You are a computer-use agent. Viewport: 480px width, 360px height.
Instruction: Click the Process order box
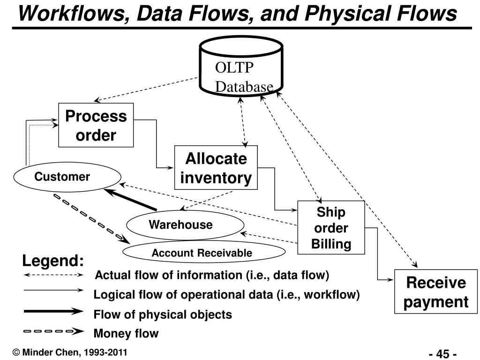pyautogui.click(x=96, y=125)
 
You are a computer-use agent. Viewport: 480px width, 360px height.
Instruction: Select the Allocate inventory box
pyautogui.click(x=216, y=168)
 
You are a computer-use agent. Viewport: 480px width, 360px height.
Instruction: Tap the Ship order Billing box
pyautogui.click(x=331, y=227)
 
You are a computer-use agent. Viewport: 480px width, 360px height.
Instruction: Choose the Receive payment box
pyautogui.click(x=435, y=292)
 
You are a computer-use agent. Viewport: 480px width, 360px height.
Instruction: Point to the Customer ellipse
pyautogui.click(x=67, y=177)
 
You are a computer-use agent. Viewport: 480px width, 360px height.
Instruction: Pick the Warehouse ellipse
pyautogui.click(x=185, y=225)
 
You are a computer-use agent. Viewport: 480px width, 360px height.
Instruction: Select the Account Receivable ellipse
pyautogui.click(x=204, y=252)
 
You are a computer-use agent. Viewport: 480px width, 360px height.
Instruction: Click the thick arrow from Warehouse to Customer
pyautogui.click(x=131, y=200)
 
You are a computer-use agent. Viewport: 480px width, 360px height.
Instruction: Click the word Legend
pyautogui.click(x=53, y=261)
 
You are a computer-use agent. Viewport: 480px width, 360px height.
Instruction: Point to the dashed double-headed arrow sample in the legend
pyautogui.click(x=53, y=275)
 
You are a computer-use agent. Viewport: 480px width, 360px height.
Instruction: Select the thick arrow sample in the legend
pyautogui.click(x=53, y=312)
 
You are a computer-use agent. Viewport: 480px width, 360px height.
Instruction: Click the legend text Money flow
pyautogui.click(x=126, y=333)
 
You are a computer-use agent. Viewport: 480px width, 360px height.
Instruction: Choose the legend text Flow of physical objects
pyautogui.click(x=163, y=315)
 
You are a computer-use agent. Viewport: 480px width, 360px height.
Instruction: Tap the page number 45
pyautogui.click(x=442, y=354)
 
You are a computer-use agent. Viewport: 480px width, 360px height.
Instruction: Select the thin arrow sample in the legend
pyautogui.click(x=53, y=290)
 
